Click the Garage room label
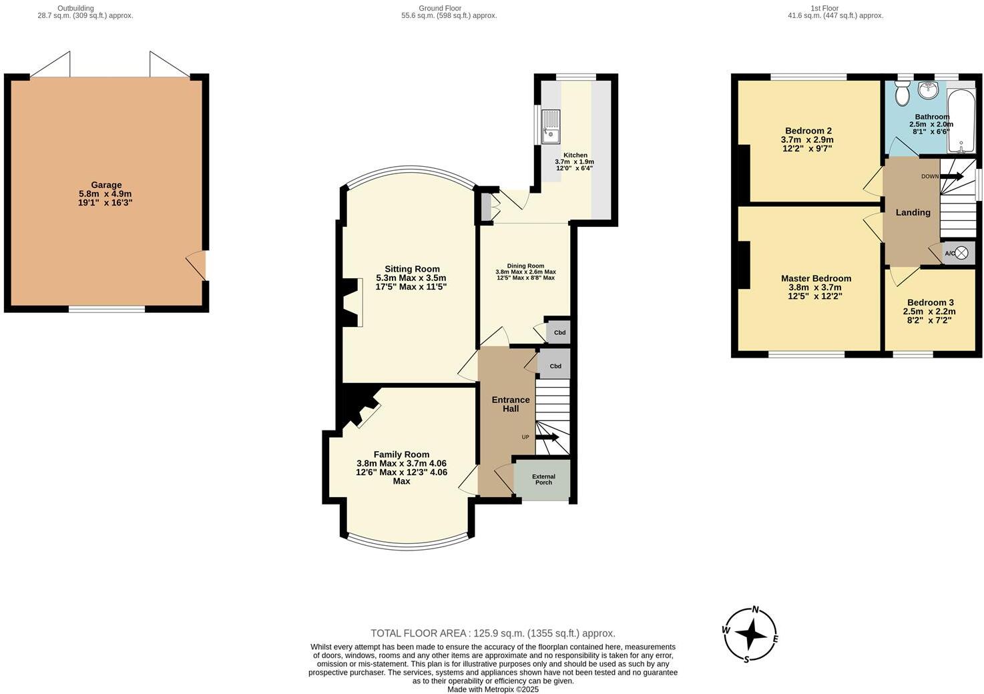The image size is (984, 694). pyautogui.click(x=106, y=185)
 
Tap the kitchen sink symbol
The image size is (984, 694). pyautogui.click(x=551, y=127)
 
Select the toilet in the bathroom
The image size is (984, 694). pyautogui.click(x=903, y=94)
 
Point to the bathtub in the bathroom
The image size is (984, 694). pyautogui.click(x=961, y=120)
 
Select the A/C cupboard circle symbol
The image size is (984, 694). pyautogui.click(x=961, y=253)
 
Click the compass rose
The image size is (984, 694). pyautogui.click(x=751, y=635)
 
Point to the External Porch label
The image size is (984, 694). pyautogui.click(x=543, y=479)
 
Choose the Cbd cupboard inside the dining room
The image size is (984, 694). pyautogui.click(x=559, y=332)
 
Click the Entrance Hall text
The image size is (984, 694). pyautogui.click(x=511, y=404)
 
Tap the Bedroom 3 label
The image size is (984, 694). pyautogui.click(x=930, y=302)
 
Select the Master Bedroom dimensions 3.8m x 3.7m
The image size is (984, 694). pyautogui.click(x=815, y=288)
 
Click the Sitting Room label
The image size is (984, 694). pyautogui.click(x=412, y=269)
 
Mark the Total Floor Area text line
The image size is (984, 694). pyautogui.click(x=493, y=633)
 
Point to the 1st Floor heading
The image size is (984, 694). pyautogui.click(x=824, y=8)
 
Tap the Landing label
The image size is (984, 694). pyautogui.click(x=913, y=212)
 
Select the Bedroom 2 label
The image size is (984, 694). pyautogui.click(x=808, y=131)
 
